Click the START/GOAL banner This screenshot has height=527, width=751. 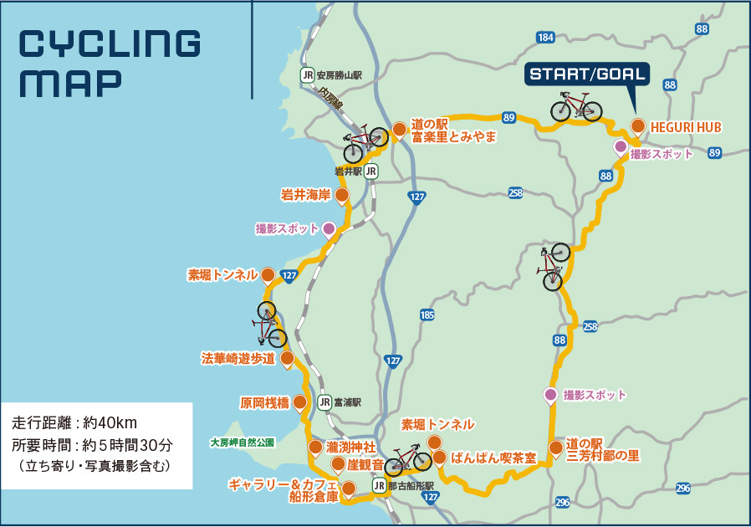pos(587,74)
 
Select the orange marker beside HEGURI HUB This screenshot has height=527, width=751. pos(637,127)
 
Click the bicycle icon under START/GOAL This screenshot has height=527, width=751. pos(575,107)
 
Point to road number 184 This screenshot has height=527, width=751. pos(545,38)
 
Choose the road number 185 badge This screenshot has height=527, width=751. pos(427,315)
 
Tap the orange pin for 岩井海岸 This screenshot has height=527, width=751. pos(341,196)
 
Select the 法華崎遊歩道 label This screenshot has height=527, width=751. pos(238,359)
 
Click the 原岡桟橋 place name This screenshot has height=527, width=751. pos(264,402)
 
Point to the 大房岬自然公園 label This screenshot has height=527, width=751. pos(242,443)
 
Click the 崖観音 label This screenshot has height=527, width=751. pos(365,463)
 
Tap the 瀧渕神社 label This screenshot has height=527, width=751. pos(351,447)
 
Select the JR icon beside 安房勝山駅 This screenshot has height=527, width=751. pos(308,74)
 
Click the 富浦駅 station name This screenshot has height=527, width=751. pos(347,402)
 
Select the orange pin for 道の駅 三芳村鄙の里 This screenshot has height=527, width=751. pos(556,448)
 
